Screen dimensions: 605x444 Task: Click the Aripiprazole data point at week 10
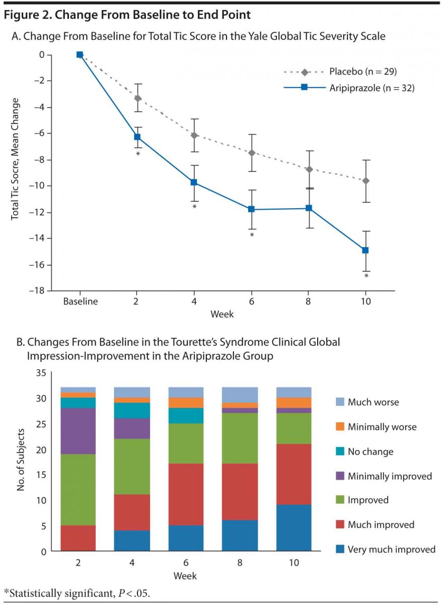(x=366, y=250)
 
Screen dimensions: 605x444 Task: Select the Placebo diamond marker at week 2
(x=137, y=98)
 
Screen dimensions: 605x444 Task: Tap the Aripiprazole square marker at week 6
(x=251, y=209)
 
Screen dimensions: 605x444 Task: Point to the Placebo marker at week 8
(x=309, y=169)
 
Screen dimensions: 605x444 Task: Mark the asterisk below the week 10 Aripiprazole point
(x=366, y=276)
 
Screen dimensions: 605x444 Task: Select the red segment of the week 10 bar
(x=294, y=474)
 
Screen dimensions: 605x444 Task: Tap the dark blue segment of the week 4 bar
(x=132, y=541)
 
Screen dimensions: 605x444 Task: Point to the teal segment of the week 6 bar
(x=185, y=415)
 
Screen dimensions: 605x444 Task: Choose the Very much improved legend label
(x=391, y=549)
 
